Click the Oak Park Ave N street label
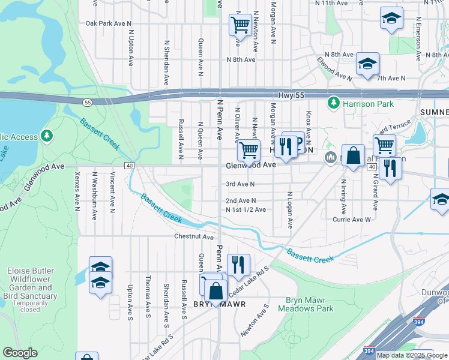(x=109, y=23)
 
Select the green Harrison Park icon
(x=333, y=104)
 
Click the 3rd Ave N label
(x=240, y=184)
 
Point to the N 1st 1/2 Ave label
(x=246, y=209)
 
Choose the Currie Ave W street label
(x=352, y=220)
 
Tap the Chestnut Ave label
(x=194, y=237)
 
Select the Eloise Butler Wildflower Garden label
(x=32, y=283)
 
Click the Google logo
(x=20, y=353)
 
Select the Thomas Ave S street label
(x=148, y=293)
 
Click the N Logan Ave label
(x=290, y=210)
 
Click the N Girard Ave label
(x=375, y=194)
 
